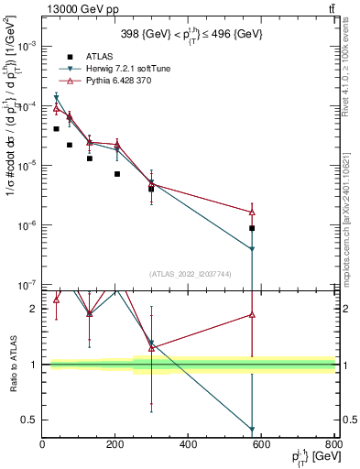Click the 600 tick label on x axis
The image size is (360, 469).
tap(262, 445)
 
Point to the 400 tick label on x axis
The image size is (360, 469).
tap(189, 445)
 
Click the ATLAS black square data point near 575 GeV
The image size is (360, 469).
tap(252, 228)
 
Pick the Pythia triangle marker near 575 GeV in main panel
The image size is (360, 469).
tap(252, 212)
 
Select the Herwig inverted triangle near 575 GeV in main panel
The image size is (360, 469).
tap(252, 249)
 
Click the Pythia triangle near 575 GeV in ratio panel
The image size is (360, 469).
tap(252, 314)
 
